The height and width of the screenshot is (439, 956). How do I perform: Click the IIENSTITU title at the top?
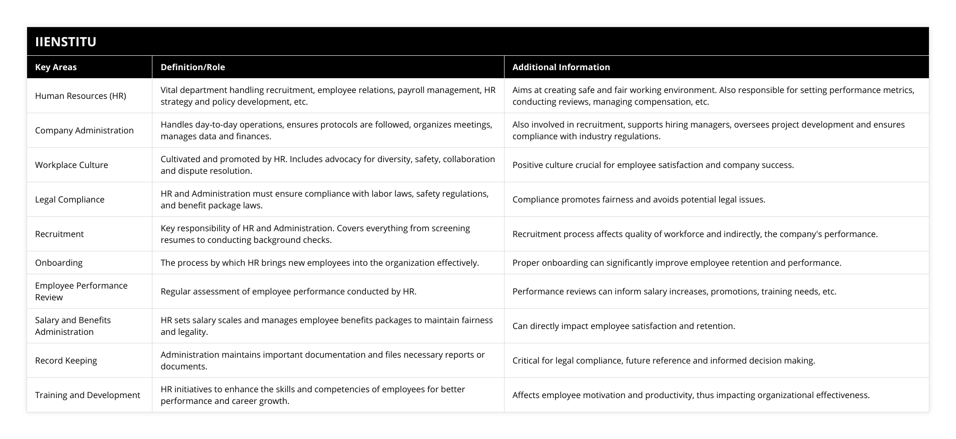coord(66,41)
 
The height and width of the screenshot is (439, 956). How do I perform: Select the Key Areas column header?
coord(56,67)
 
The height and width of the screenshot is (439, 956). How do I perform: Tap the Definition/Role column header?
coord(193,67)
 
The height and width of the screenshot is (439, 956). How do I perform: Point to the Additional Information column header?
coord(561,67)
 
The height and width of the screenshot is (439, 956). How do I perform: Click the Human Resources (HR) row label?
coord(81,96)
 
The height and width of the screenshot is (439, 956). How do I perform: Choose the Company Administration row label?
coord(84,130)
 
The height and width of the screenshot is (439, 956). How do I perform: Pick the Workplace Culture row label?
coord(72,165)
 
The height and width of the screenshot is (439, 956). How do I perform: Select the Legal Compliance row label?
coord(70,199)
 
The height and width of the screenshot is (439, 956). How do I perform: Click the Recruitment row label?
coord(59,234)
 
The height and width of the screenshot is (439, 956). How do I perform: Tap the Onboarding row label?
coord(59,263)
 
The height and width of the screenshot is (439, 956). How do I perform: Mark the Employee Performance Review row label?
coord(81,291)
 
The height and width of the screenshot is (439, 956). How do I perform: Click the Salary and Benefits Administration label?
coord(73,326)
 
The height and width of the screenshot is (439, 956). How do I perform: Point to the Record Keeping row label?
coord(66,360)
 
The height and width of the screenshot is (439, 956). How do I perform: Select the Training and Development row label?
coord(88,395)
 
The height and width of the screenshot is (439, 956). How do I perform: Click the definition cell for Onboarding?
coord(320,263)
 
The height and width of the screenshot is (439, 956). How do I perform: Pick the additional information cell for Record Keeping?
coord(663,360)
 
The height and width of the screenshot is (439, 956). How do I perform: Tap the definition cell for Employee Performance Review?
coord(288,291)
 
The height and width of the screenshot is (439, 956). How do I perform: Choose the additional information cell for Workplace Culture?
coord(653,165)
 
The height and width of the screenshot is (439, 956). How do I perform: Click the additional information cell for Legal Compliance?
coord(638,199)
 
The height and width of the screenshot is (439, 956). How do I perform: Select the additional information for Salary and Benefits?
coord(624,326)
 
